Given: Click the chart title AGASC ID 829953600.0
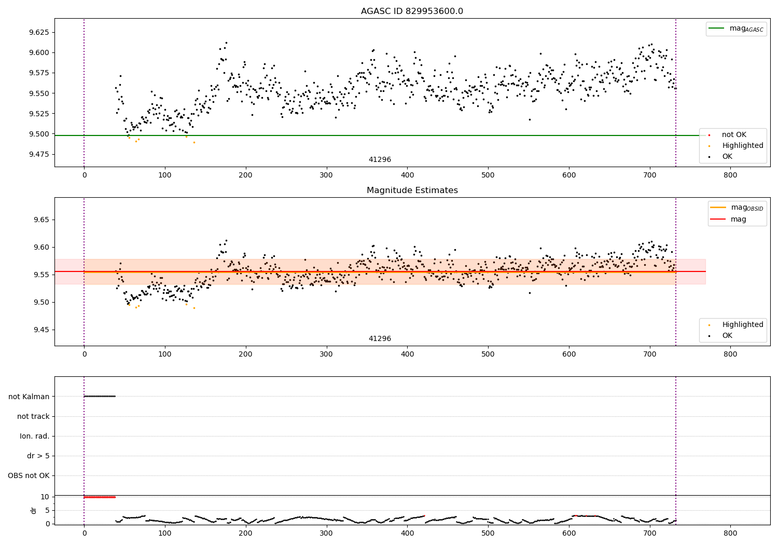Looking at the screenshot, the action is [x=412, y=11].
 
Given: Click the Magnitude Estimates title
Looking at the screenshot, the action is [x=412, y=190].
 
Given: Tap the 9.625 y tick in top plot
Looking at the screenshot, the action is [x=39, y=32].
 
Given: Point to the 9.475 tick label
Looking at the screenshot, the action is [x=39, y=154].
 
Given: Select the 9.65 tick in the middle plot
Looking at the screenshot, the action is [x=41, y=220].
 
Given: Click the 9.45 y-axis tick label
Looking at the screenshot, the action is [x=41, y=330].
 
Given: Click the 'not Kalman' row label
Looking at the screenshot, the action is [x=29, y=397].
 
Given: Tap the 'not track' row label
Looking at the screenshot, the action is [x=33, y=416].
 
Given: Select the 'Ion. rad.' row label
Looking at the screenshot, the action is [x=34, y=436].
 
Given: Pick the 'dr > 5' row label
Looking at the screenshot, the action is [x=38, y=456].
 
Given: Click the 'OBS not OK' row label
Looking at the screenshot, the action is [x=29, y=475].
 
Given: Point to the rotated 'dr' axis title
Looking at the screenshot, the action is [x=33, y=510].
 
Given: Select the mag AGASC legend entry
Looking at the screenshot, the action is [x=735, y=29].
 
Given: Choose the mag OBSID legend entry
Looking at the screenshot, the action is [x=737, y=208].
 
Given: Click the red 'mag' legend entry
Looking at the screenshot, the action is [x=728, y=219].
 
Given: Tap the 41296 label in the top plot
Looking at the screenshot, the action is [x=380, y=159].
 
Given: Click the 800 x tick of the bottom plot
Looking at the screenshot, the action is [x=730, y=534].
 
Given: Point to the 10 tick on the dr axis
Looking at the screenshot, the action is [x=45, y=497].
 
